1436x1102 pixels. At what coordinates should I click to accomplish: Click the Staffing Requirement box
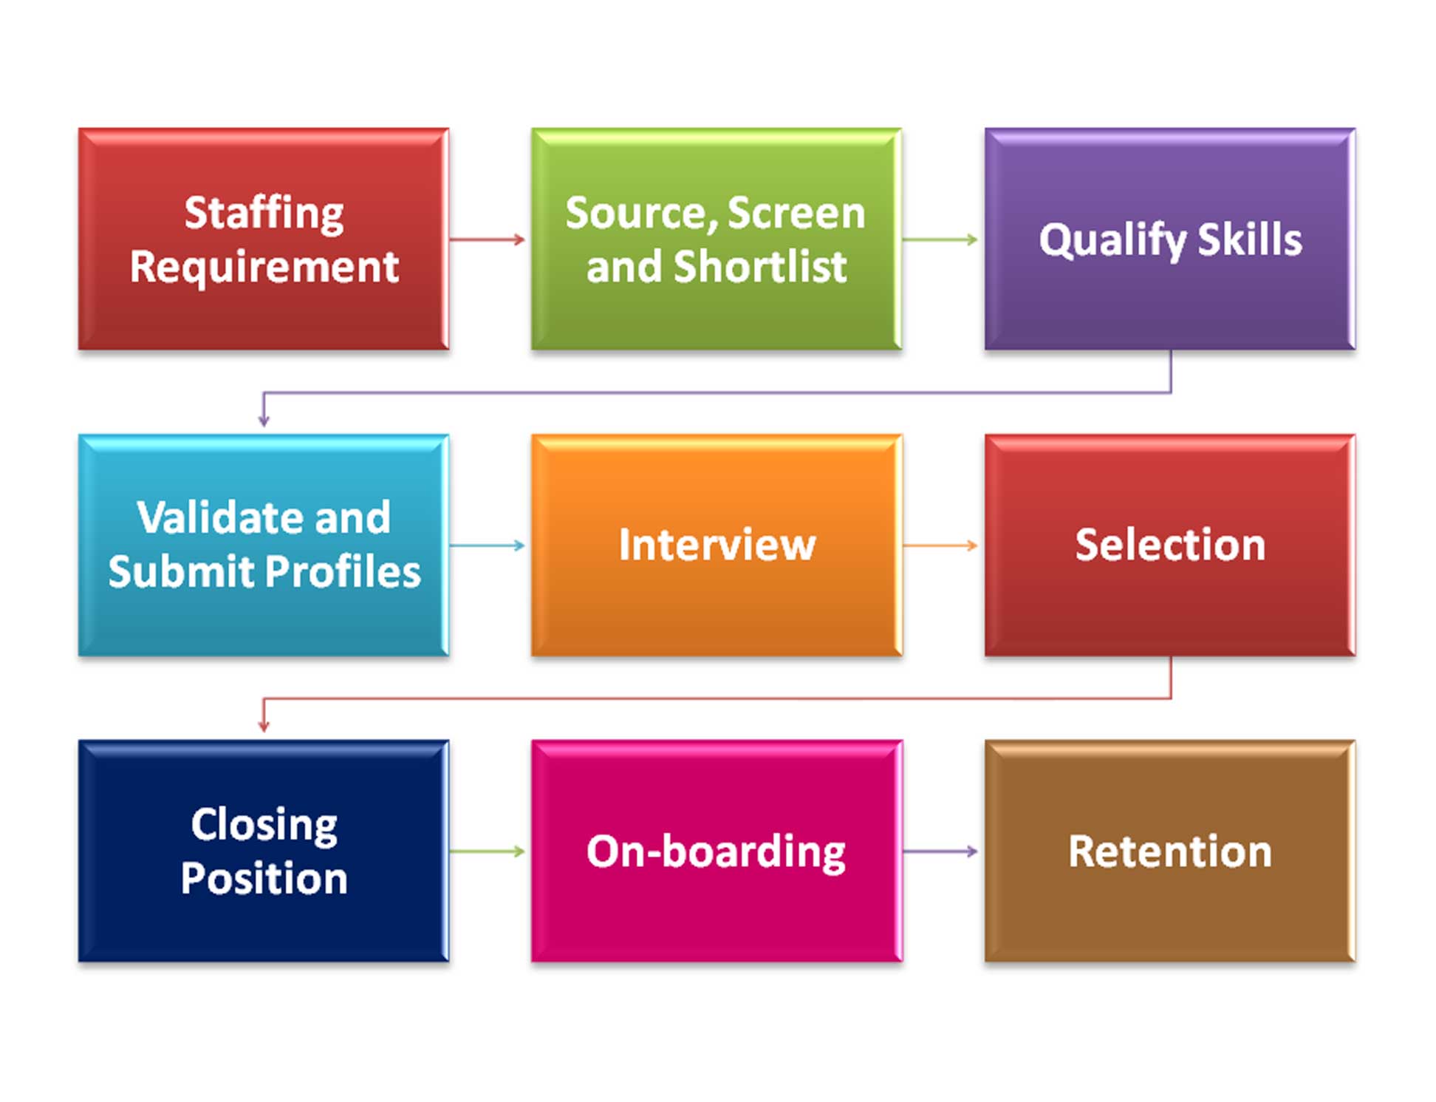[x=264, y=239]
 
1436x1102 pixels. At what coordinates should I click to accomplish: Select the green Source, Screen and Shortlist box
[x=716, y=239]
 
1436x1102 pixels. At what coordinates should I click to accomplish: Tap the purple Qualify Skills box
[x=1169, y=239]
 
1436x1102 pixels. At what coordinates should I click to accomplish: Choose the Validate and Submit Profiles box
[x=264, y=545]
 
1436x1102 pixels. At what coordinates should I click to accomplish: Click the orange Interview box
[x=716, y=545]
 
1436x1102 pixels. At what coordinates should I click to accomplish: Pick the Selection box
[x=1169, y=545]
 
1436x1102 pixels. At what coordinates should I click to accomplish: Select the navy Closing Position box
[x=264, y=851]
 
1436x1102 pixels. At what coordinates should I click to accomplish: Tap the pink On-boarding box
[x=716, y=851]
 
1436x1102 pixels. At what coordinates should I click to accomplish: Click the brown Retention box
[x=1169, y=851]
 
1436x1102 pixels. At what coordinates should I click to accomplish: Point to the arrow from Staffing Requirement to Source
[x=488, y=239]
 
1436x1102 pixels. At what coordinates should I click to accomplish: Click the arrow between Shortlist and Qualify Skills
[x=940, y=239]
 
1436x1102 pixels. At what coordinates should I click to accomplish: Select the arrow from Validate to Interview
[x=488, y=545]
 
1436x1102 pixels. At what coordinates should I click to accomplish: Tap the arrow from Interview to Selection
[x=940, y=545]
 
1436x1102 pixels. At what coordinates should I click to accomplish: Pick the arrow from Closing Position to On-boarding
[x=488, y=851]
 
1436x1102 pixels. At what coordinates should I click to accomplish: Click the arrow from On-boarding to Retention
[x=940, y=851]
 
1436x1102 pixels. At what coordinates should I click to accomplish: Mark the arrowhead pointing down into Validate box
[x=264, y=421]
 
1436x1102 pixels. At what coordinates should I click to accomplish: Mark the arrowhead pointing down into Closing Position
[x=264, y=726]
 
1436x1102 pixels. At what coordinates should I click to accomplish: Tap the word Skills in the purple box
[x=1249, y=239]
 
